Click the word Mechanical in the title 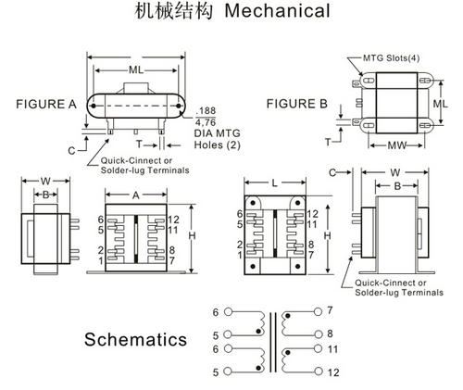[x=277, y=11]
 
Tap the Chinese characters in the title [x=174, y=11]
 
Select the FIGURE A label [x=46, y=105]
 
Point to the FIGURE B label [x=297, y=104]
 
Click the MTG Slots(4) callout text [x=391, y=58]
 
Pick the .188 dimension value [x=206, y=111]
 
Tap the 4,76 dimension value [x=206, y=122]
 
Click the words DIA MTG [x=217, y=133]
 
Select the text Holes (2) [x=217, y=145]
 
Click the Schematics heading [x=136, y=339]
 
